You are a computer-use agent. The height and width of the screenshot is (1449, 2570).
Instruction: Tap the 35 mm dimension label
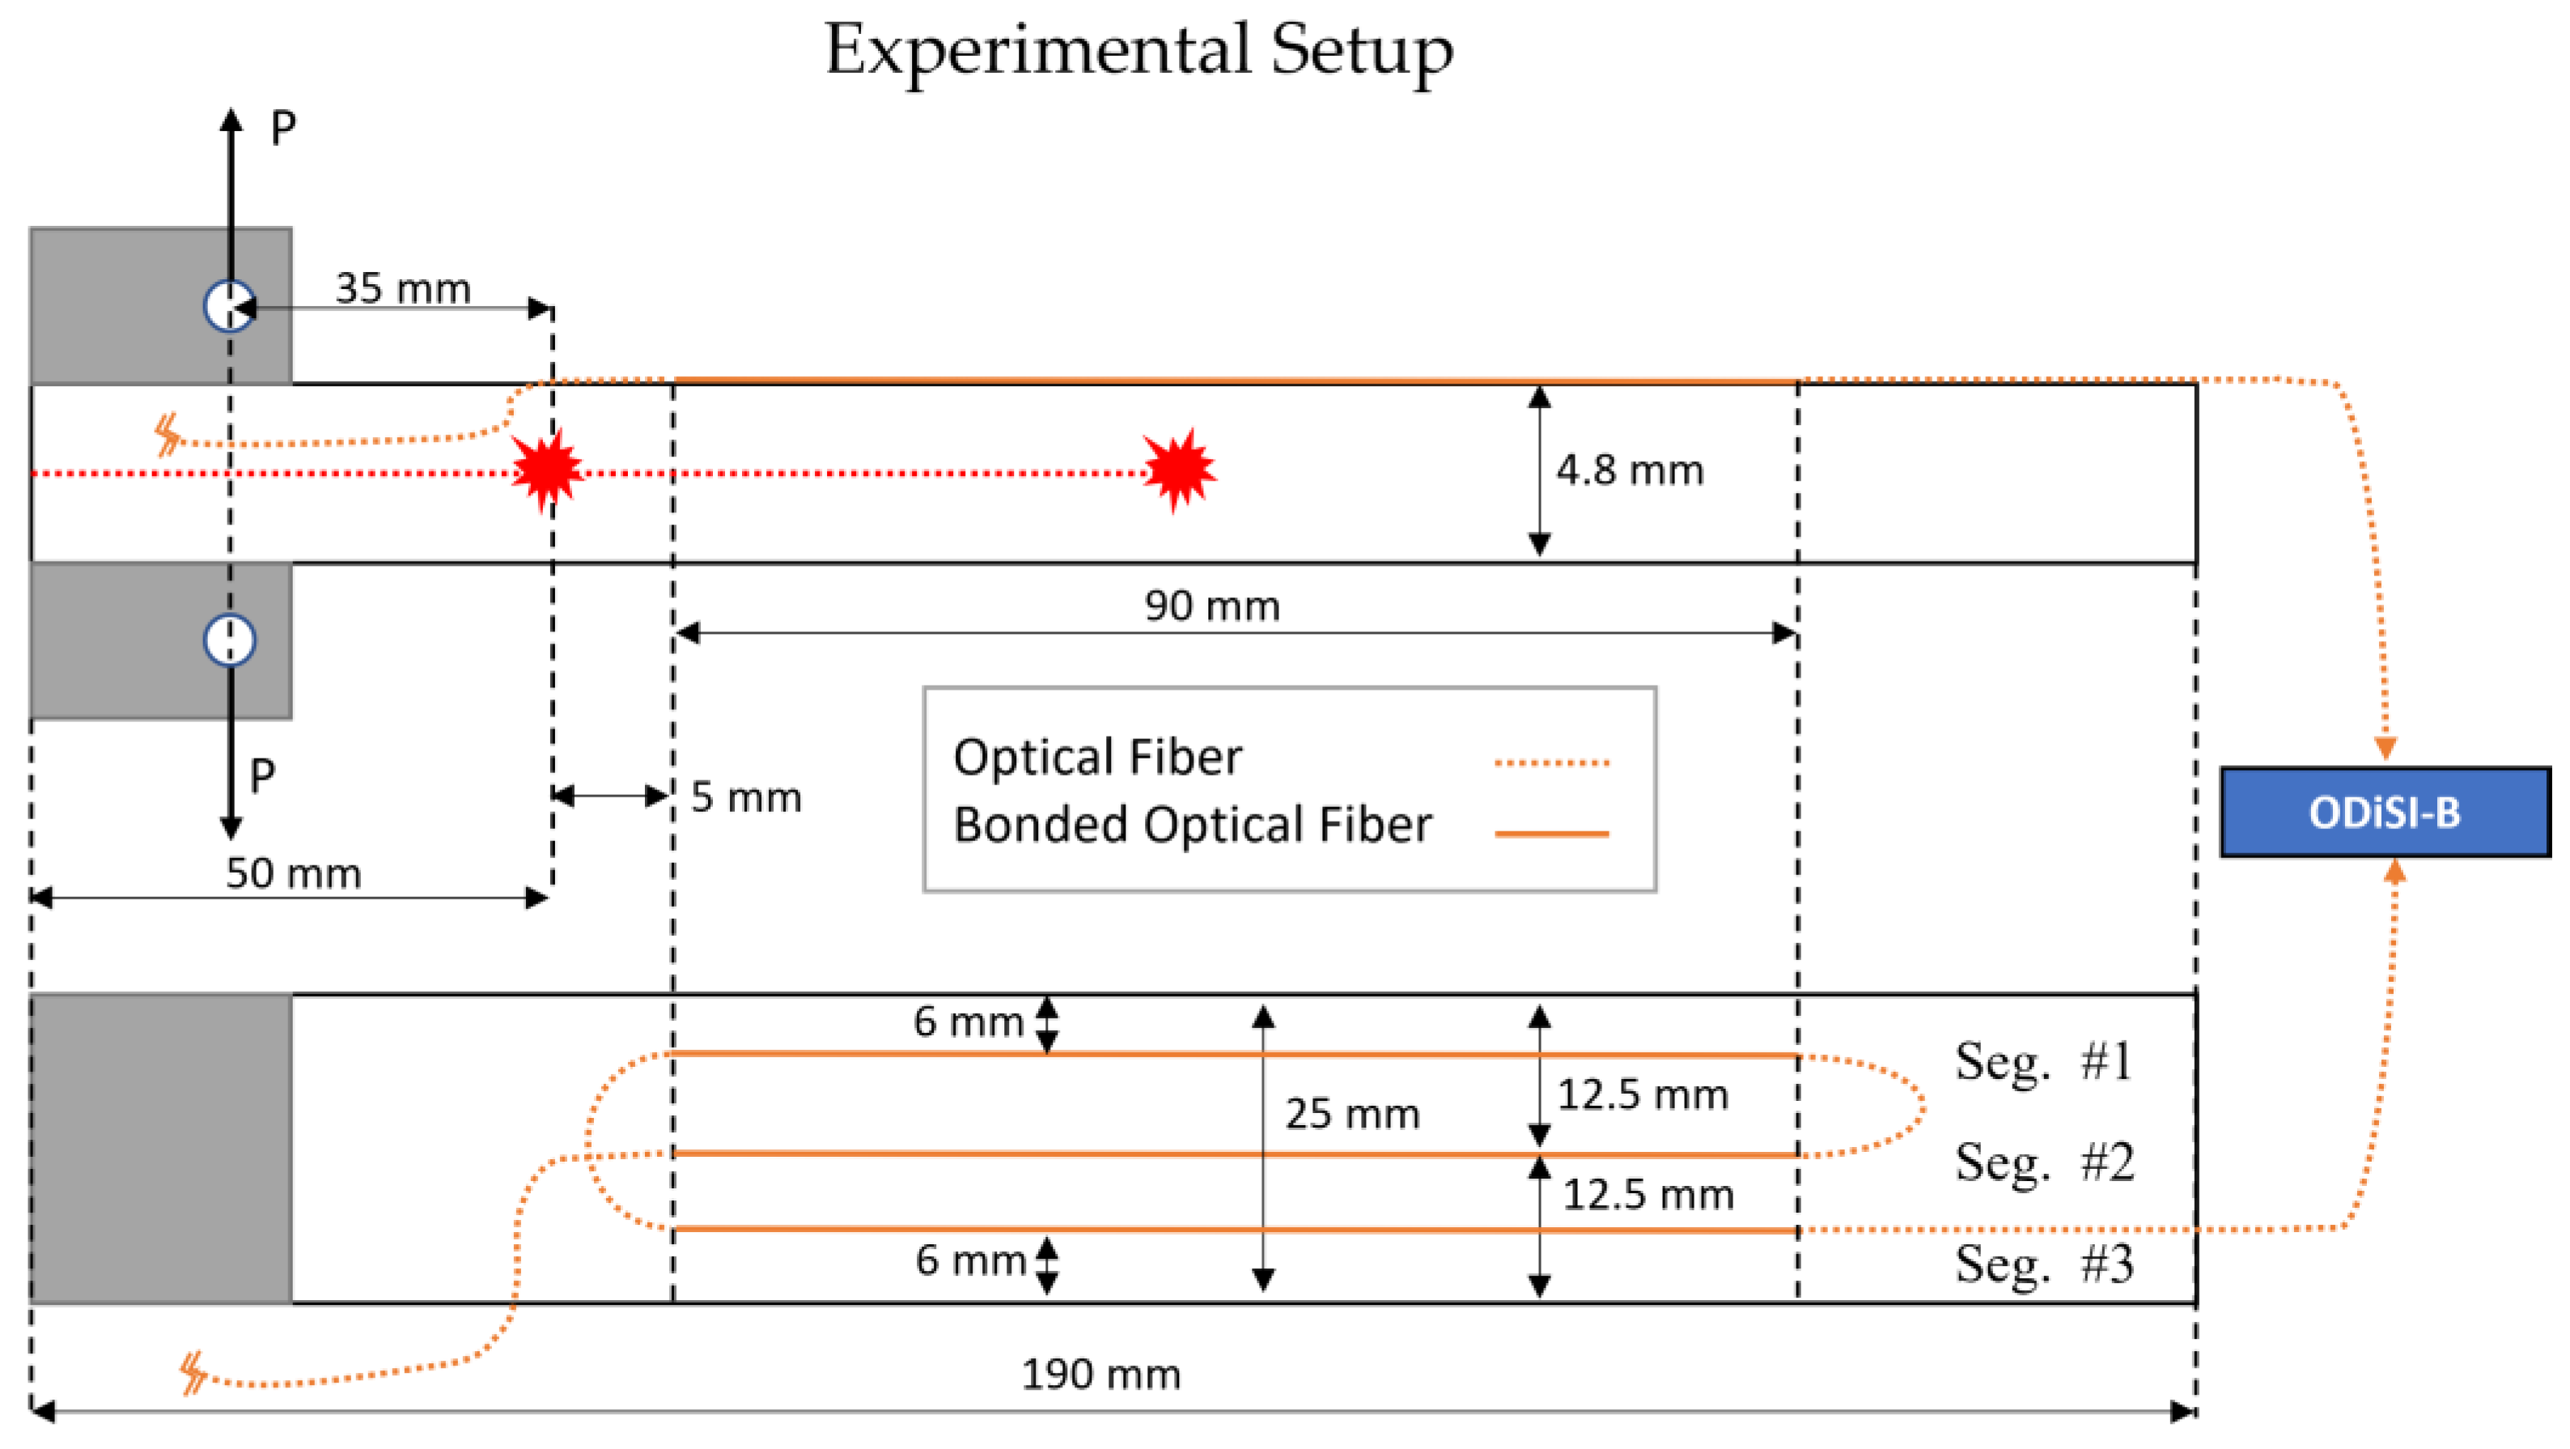tap(402, 288)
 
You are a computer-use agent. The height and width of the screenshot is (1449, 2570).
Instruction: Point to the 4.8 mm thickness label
tap(1629, 470)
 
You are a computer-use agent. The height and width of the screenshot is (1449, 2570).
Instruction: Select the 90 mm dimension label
tap(1211, 606)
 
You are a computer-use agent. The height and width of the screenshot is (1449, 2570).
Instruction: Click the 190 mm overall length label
tap(1101, 1375)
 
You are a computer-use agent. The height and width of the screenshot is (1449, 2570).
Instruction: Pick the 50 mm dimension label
tap(292, 873)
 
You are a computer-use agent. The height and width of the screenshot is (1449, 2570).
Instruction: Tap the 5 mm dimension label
tap(745, 797)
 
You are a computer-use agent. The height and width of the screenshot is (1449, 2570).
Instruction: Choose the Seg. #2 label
tap(2043, 1162)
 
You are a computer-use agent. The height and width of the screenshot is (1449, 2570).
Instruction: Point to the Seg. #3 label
tap(2043, 1264)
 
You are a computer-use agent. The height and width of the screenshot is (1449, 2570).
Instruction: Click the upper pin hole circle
tap(230, 305)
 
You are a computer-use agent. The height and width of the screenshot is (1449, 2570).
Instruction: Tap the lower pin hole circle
tap(230, 640)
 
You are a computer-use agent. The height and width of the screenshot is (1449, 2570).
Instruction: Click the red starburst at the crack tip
tap(1179, 469)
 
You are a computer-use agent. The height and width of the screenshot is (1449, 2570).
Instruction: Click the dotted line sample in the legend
tap(1551, 763)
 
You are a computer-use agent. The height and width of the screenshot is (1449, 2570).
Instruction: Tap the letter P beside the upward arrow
tap(283, 128)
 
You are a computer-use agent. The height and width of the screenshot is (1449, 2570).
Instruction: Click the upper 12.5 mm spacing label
tap(1642, 1094)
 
